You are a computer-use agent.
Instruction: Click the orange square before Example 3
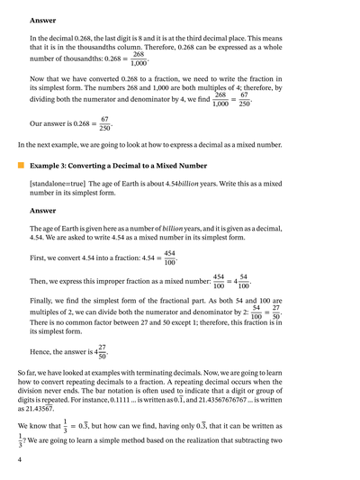click(20, 167)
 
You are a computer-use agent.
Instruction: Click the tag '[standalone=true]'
click(56, 184)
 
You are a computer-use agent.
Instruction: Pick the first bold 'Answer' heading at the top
click(42, 20)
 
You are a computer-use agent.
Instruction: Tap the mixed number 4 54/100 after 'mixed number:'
click(236, 282)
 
